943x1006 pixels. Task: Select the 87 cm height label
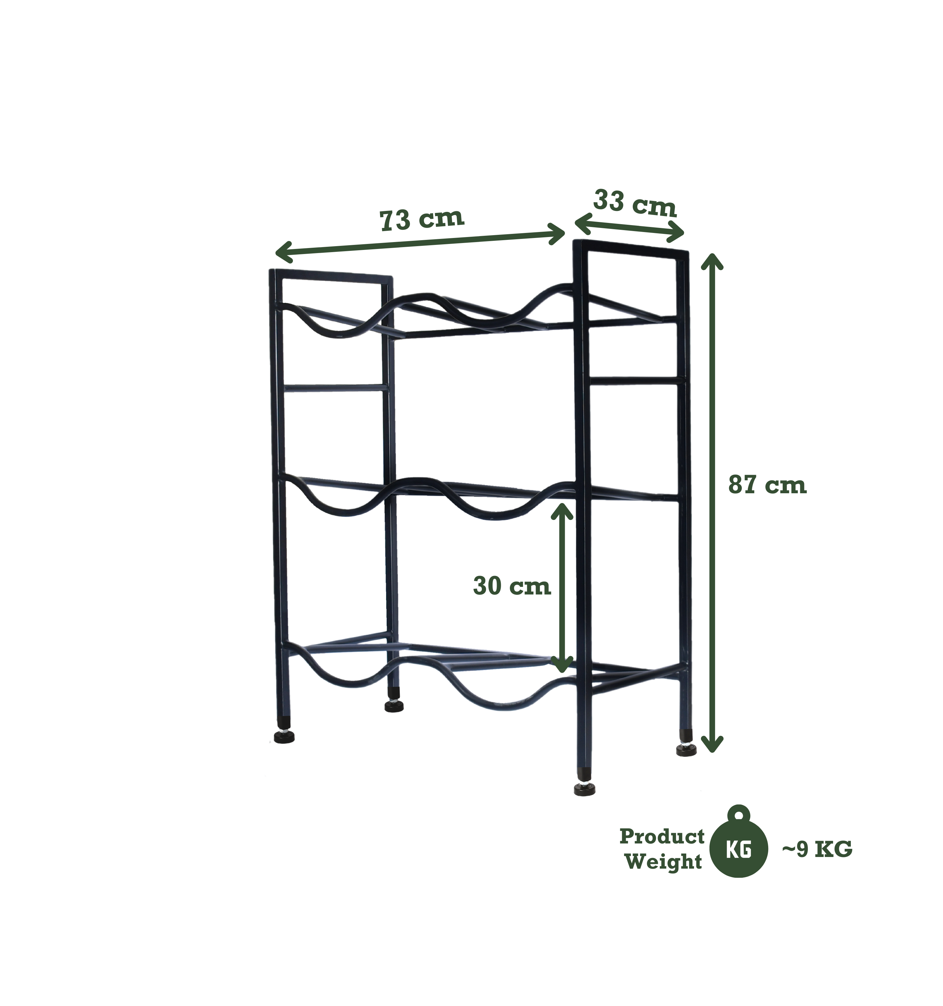pyautogui.click(x=767, y=485)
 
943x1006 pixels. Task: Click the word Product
pyautogui.click(x=662, y=837)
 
